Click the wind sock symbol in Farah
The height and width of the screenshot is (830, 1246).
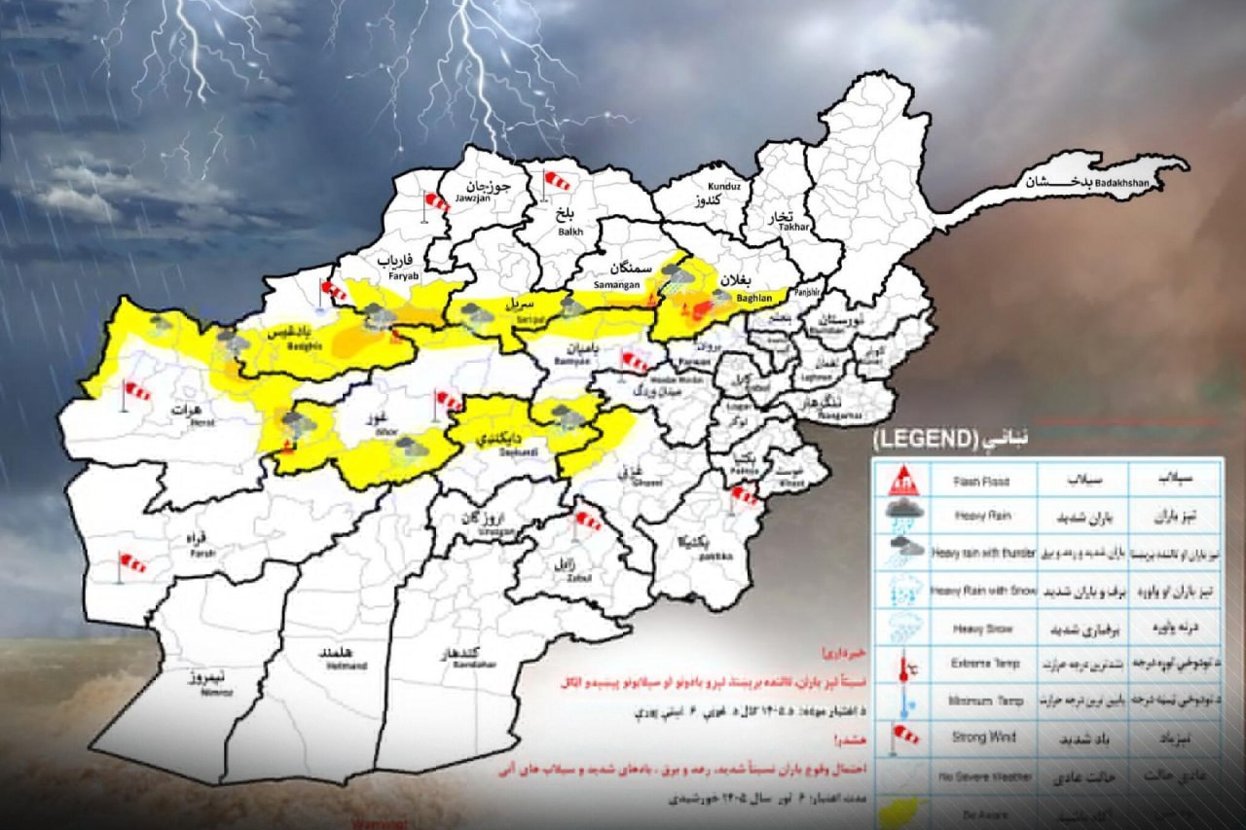click(128, 564)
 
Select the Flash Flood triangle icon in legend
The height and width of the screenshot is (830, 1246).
click(906, 480)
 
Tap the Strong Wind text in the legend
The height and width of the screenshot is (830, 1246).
click(984, 737)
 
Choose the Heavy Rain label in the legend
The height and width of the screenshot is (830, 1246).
click(983, 517)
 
